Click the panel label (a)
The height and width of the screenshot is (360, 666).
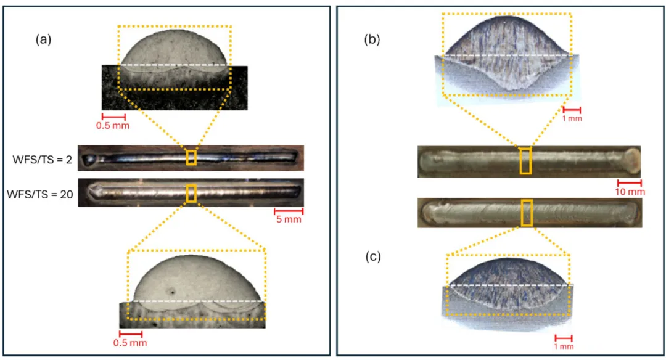(x=43, y=39)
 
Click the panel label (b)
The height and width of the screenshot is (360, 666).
(x=372, y=39)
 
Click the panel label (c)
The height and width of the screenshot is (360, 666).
(x=373, y=257)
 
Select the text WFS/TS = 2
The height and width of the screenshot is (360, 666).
(x=42, y=160)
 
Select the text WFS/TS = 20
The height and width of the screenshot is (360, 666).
(x=40, y=194)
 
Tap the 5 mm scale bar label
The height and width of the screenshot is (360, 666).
(x=289, y=219)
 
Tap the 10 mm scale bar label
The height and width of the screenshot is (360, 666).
(x=630, y=192)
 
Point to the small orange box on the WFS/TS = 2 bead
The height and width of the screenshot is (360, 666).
(x=191, y=158)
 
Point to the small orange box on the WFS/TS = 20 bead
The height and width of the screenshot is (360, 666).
(x=191, y=193)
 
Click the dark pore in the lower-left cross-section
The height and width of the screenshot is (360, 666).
(x=172, y=292)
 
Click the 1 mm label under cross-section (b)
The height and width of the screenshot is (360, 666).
(x=572, y=118)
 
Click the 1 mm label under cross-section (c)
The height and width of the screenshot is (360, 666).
(x=564, y=346)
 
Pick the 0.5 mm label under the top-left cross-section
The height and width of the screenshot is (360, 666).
(x=113, y=126)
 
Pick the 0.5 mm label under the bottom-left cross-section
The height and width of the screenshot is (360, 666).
(x=130, y=343)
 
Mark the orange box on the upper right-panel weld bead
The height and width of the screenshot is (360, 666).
(x=526, y=161)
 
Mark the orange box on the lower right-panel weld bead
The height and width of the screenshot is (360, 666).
(x=527, y=213)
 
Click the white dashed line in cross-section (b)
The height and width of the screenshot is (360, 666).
(x=508, y=55)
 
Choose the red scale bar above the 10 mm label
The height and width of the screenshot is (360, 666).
(x=630, y=183)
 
